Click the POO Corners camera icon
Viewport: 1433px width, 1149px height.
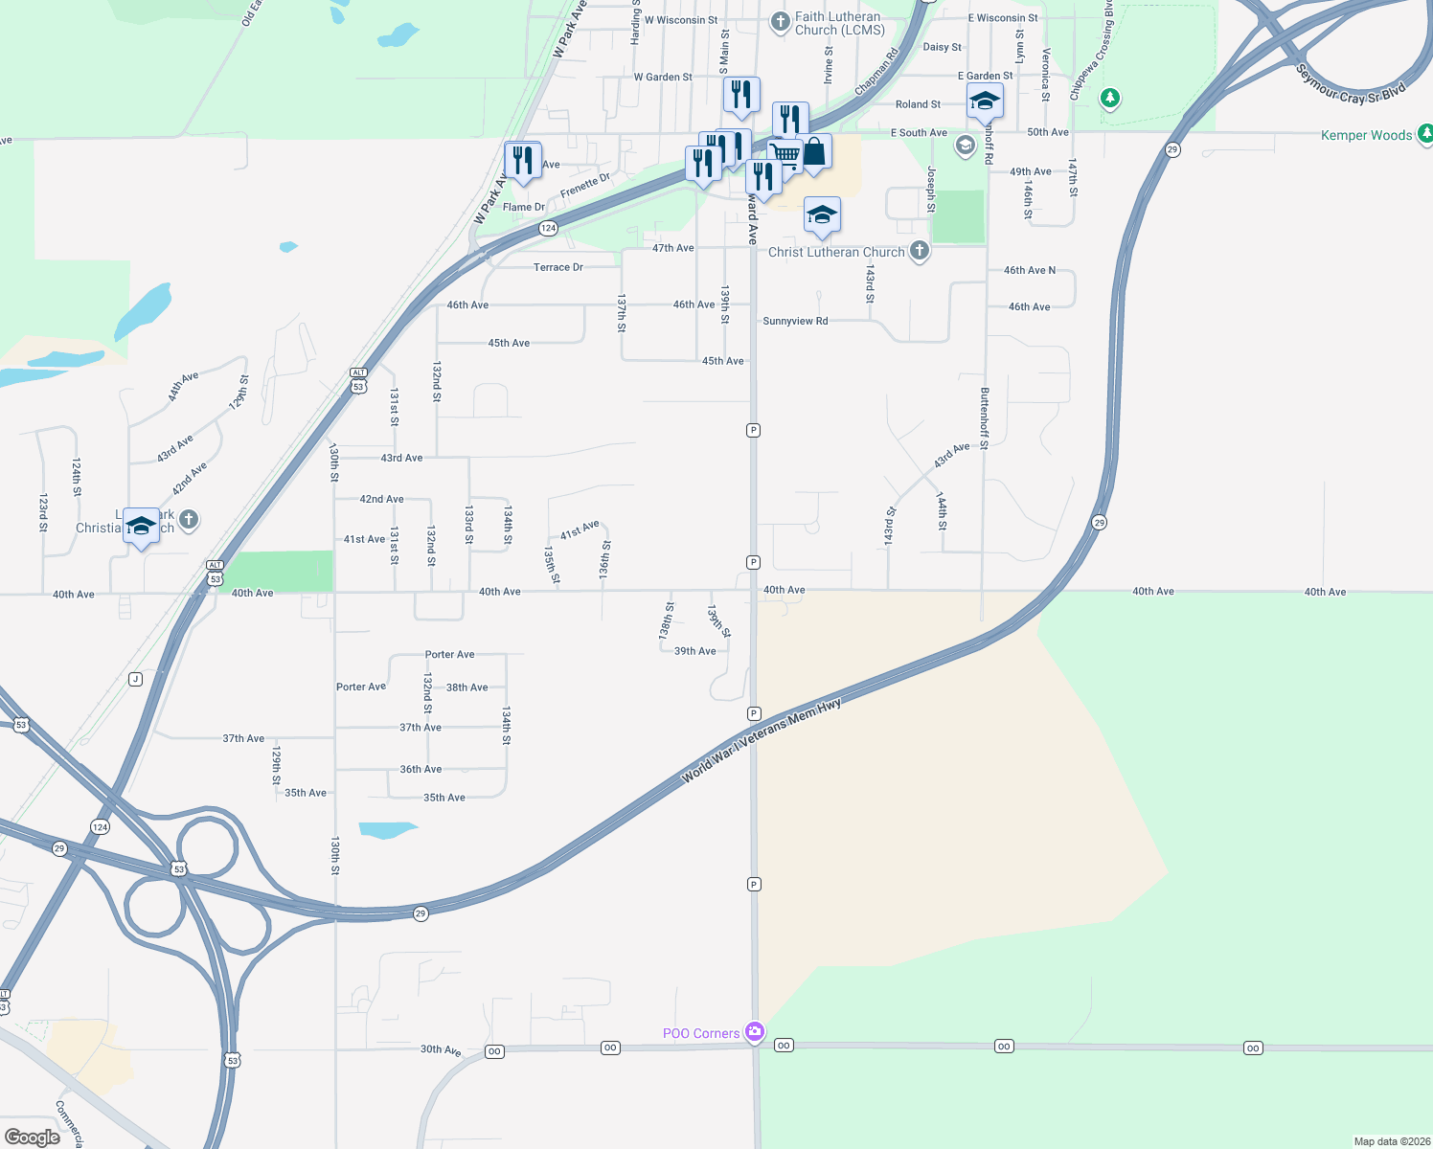click(x=755, y=1031)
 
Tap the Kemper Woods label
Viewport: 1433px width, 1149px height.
click(x=1366, y=135)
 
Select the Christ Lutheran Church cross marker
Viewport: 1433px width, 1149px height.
click(x=919, y=251)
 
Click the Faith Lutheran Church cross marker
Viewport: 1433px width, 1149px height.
click(x=781, y=21)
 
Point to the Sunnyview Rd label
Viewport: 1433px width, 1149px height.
click(x=795, y=321)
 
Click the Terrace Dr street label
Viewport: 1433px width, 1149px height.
click(x=558, y=267)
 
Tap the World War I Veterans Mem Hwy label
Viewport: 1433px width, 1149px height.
click(x=761, y=742)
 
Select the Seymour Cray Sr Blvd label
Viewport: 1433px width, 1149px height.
click(x=1350, y=83)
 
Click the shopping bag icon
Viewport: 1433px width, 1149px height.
click(x=814, y=151)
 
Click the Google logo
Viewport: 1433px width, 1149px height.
click(x=32, y=1137)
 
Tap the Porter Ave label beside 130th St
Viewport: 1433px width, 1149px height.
click(x=361, y=687)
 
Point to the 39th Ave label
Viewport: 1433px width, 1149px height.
click(x=694, y=651)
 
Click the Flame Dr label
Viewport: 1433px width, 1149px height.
click(x=523, y=207)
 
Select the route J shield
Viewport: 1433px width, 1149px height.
click(x=136, y=679)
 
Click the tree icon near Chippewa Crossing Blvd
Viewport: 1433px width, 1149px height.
click(x=1110, y=98)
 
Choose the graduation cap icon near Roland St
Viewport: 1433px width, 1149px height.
click(x=985, y=101)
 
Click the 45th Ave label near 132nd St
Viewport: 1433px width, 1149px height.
click(x=509, y=343)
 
